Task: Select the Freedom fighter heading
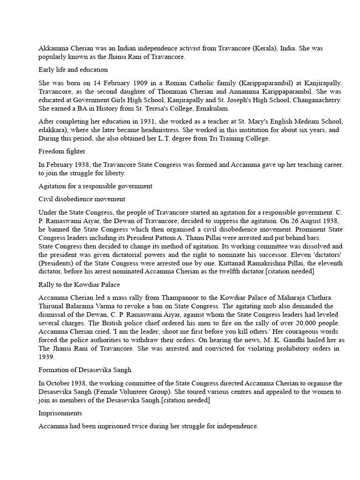pyautogui.click(x=61, y=151)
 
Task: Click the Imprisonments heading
pyautogui.click(x=60, y=413)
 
